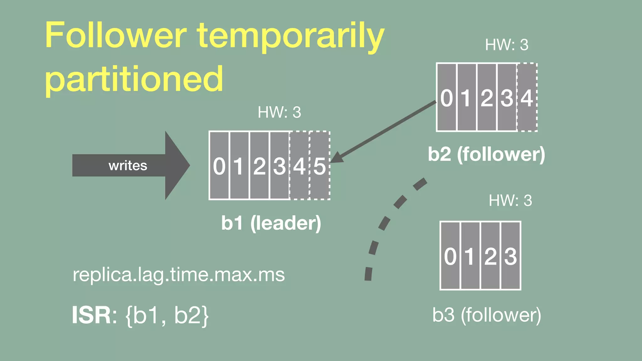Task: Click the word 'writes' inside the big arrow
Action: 128,165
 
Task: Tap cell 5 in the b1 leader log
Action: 320,165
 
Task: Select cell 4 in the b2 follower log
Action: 527,97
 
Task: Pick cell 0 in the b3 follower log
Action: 450,256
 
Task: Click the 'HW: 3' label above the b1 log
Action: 279,112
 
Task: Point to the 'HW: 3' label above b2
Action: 507,45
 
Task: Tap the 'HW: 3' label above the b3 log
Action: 510,201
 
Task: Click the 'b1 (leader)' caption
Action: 271,223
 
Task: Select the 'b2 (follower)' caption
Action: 486,154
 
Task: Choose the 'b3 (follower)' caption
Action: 487,315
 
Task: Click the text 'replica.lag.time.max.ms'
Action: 179,275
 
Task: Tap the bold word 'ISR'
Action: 91,315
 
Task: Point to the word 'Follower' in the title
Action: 116,35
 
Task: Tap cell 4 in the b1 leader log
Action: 299,165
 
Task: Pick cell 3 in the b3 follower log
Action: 511,256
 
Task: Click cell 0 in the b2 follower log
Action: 446,97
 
